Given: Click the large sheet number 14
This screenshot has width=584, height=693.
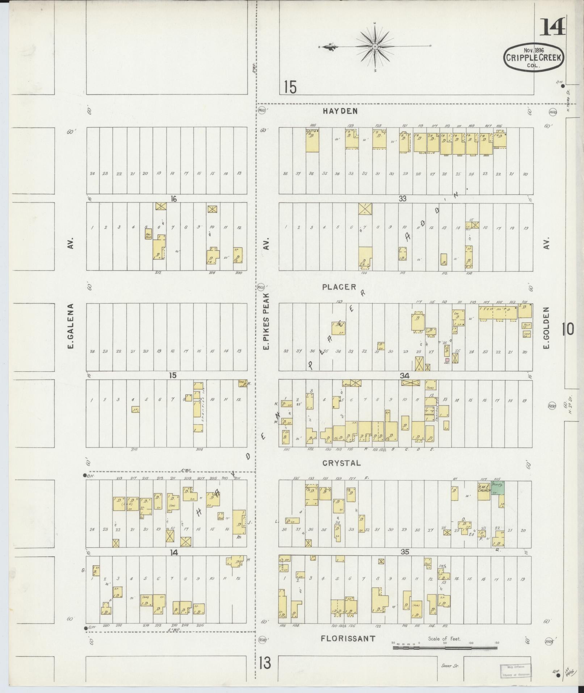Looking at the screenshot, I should point(552,28).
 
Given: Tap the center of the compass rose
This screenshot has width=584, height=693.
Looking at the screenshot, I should point(375,47).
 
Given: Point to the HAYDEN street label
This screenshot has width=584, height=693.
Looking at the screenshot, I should point(340,111).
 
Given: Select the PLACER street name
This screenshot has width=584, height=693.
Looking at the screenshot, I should point(339,287).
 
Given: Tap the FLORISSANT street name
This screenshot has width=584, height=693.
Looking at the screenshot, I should point(348,639).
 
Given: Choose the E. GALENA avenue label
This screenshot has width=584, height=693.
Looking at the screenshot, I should point(71,326).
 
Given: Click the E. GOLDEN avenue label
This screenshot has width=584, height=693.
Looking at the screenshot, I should point(546,328).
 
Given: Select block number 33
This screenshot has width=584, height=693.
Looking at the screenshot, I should point(402,198).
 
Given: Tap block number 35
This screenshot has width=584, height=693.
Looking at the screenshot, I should point(405,552).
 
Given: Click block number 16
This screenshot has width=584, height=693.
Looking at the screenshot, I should point(174,198).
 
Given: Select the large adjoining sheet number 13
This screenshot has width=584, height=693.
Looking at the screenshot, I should point(265,664).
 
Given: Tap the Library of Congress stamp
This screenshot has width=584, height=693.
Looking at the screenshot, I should point(516,671).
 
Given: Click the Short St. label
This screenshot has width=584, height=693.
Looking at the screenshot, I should point(450,665).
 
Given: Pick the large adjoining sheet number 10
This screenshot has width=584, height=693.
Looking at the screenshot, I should point(568,330).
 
